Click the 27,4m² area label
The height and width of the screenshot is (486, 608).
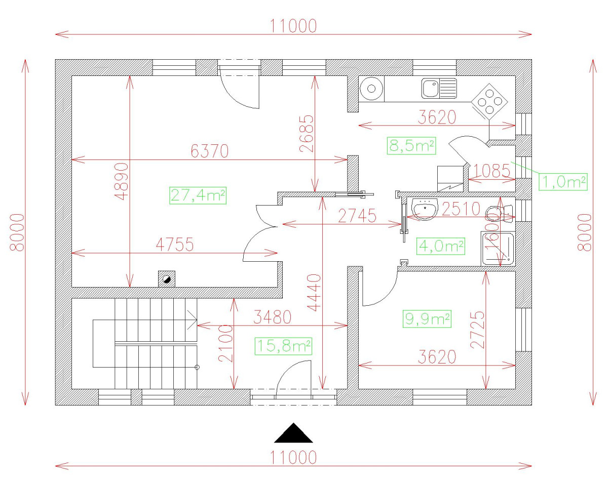[x=198, y=195]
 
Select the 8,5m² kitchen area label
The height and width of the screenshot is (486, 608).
[x=411, y=146]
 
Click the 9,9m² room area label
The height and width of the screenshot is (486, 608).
[x=427, y=319]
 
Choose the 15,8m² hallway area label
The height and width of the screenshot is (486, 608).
[x=283, y=346]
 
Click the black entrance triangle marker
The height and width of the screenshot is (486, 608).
[x=293, y=433]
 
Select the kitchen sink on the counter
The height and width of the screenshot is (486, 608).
[x=438, y=89]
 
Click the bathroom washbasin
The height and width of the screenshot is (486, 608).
[x=425, y=209]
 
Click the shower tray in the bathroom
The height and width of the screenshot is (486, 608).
[x=498, y=249]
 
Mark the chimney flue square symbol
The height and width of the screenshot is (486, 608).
[x=167, y=278]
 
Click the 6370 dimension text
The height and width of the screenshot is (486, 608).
[x=210, y=151]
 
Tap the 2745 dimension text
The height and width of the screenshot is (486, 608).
[x=357, y=217]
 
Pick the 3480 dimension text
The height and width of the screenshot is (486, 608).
[x=273, y=318]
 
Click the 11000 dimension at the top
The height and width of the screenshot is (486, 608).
[x=293, y=26]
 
